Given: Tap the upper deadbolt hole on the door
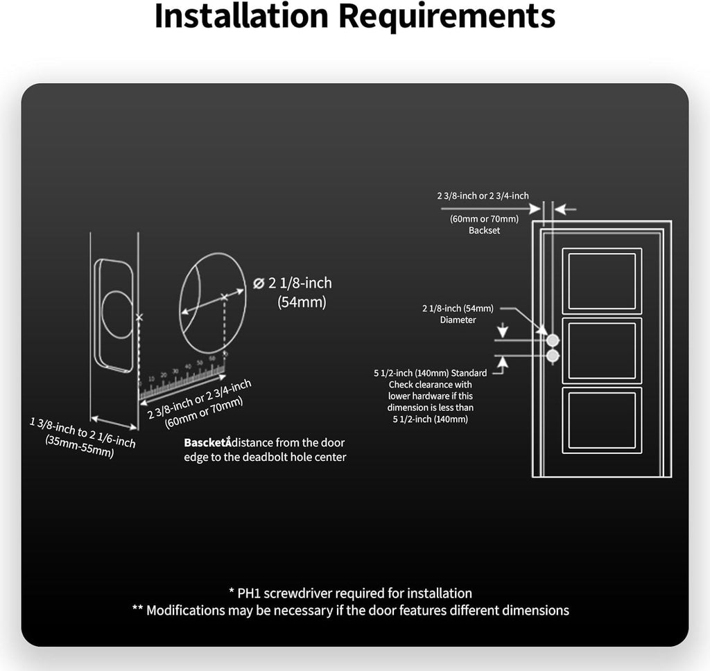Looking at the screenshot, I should pos(553,340).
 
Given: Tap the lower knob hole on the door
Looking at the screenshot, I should pos(553,356).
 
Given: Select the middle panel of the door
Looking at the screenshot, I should pos(601,350).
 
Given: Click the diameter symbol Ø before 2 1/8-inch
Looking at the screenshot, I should pos(259,283).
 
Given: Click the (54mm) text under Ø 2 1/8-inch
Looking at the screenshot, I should pos(302,302).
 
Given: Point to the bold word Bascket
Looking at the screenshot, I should pos(206,442).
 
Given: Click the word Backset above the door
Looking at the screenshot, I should pos(484,230).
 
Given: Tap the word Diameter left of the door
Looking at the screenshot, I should pos(458,320).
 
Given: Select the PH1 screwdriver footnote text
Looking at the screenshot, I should pos(350,593).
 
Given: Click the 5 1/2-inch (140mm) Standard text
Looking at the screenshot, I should pos(430,373).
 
